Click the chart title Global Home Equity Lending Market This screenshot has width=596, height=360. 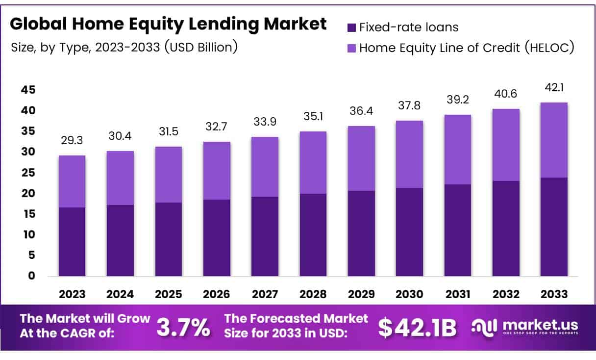(x=168, y=24)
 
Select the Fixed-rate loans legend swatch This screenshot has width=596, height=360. (x=351, y=27)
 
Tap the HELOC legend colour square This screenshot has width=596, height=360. (x=351, y=48)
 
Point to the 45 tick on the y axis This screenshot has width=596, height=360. (x=28, y=90)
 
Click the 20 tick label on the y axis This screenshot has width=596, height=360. (x=28, y=193)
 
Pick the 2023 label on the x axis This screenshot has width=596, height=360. (x=72, y=294)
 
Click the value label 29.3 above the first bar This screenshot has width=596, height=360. (x=72, y=140)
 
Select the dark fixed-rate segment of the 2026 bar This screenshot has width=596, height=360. (x=216, y=237)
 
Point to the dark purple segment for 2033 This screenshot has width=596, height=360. (x=554, y=227)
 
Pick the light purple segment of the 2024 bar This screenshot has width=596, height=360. (x=120, y=178)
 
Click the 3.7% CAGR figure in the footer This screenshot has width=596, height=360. (x=183, y=328)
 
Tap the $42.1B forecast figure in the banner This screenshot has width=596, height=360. (x=417, y=328)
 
